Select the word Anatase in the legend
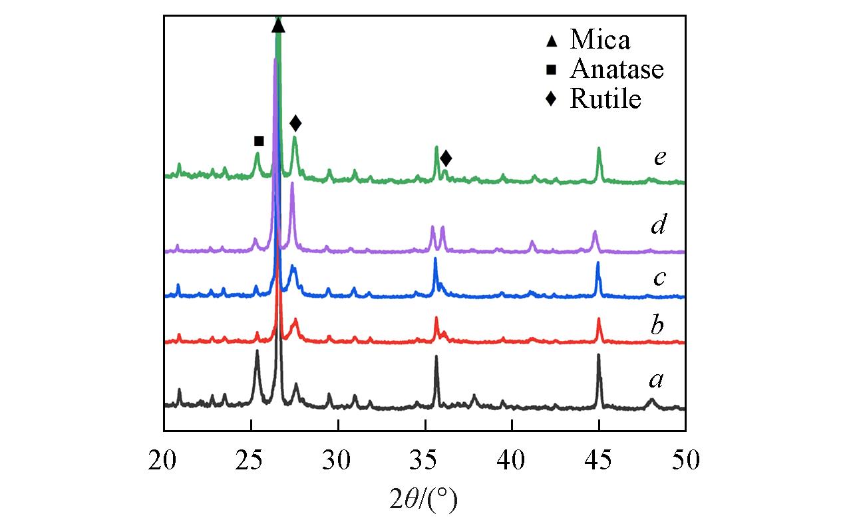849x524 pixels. click(616, 69)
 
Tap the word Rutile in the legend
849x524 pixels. click(605, 99)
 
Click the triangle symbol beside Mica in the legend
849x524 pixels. click(552, 41)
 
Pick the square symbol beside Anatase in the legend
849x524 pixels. click(552, 70)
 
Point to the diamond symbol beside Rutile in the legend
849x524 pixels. click(552, 99)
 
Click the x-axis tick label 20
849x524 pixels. click(164, 460)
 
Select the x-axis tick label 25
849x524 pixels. click(251, 460)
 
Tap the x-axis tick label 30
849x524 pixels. click(338, 460)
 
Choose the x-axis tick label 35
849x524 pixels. click(424, 460)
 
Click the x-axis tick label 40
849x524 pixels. click(512, 460)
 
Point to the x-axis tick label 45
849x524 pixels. click(599, 460)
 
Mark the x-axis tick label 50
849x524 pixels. click(685, 460)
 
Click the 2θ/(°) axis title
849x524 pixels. click(424, 499)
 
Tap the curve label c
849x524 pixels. click(659, 278)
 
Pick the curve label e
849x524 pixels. click(659, 158)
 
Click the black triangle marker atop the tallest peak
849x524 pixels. click(278, 25)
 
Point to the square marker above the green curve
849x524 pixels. click(259, 140)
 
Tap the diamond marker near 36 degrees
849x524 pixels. click(446, 158)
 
